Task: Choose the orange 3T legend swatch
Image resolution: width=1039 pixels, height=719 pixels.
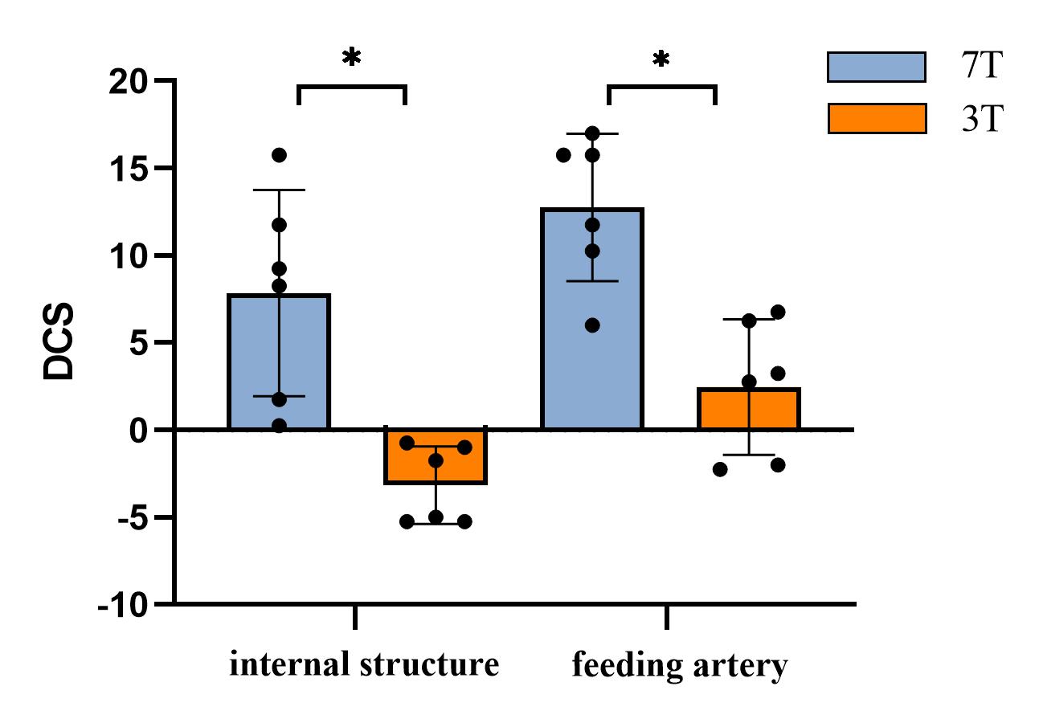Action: click(x=875, y=118)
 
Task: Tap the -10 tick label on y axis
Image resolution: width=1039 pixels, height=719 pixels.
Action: click(x=122, y=604)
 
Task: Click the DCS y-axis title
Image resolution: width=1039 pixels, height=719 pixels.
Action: click(x=61, y=341)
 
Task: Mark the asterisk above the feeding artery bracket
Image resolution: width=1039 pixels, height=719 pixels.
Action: click(x=661, y=59)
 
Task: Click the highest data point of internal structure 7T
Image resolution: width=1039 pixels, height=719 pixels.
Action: click(x=280, y=154)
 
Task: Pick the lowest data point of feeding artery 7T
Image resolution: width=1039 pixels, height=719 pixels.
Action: click(x=592, y=325)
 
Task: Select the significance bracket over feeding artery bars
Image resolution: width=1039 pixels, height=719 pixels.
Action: click(x=661, y=87)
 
